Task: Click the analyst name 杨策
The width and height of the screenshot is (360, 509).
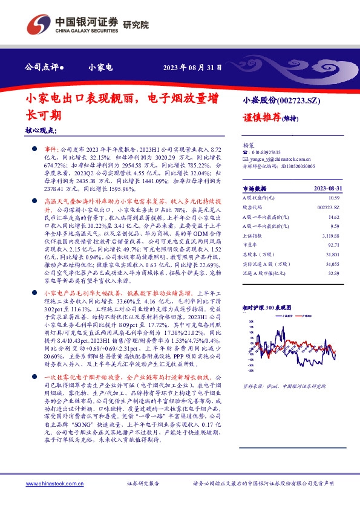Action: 247,146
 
